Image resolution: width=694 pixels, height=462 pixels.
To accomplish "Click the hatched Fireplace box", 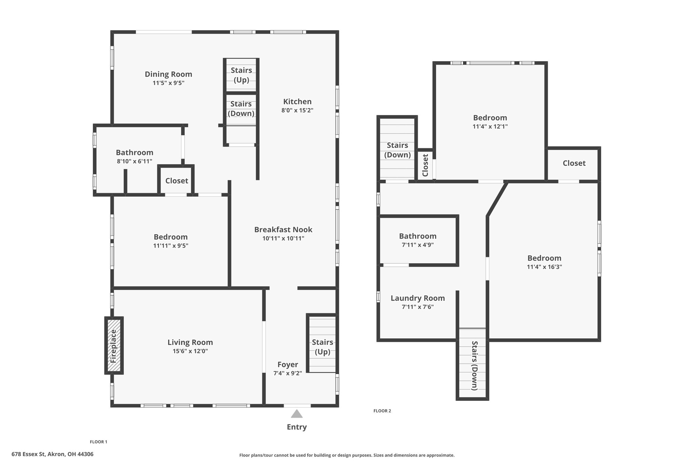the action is (114, 346).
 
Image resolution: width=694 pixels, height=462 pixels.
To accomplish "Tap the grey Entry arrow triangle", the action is (297, 414).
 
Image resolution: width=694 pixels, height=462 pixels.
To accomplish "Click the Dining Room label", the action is (168, 74).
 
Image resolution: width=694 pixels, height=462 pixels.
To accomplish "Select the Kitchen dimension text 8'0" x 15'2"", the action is (297, 110).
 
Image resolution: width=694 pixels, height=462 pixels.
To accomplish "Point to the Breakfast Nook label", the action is (283, 229).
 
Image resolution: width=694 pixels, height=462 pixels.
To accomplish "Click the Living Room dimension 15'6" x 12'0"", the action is (190, 351).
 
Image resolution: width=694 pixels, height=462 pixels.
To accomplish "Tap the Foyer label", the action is (288, 365).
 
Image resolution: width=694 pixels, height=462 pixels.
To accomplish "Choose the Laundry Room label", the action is (418, 298).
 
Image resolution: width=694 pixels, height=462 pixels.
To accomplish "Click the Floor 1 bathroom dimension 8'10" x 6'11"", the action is (135, 161).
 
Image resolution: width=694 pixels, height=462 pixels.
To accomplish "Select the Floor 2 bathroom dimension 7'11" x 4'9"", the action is (418, 245).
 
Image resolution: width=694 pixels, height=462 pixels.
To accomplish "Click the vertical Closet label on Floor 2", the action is (426, 165).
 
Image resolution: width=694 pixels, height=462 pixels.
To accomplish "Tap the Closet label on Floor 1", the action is (177, 181).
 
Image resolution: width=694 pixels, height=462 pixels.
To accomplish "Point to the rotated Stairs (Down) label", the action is (475, 366).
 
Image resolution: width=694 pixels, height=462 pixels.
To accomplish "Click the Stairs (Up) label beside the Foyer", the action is (323, 347).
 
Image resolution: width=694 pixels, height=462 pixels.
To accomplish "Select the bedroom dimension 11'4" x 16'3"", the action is (544, 267).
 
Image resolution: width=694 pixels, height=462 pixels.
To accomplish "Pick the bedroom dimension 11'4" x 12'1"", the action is (490, 127).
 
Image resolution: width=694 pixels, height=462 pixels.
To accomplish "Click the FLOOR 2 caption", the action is (382, 411).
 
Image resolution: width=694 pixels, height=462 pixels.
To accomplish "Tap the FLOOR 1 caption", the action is (99, 442).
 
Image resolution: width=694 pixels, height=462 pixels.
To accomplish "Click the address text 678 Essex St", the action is (28, 454).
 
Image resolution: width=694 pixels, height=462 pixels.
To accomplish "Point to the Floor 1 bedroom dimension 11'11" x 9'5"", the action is (171, 246).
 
